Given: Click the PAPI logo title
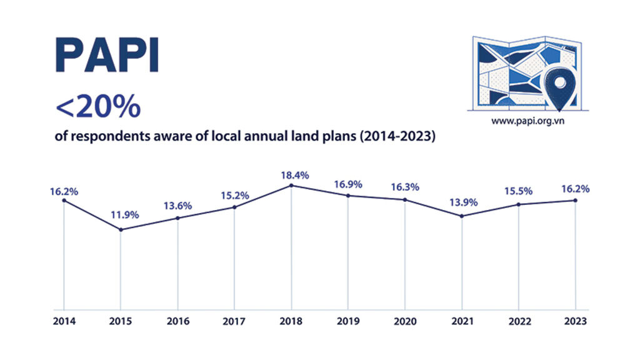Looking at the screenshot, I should click(107, 56).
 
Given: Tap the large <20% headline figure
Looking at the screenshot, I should click(97, 108).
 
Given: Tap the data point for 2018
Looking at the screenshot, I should click(292, 186).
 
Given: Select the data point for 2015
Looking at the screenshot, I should click(121, 229).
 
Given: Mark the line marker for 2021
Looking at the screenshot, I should click(462, 216).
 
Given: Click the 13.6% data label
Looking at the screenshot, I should click(178, 206).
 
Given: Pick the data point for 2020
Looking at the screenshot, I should click(406, 200).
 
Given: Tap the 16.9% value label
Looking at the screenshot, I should click(349, 184).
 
